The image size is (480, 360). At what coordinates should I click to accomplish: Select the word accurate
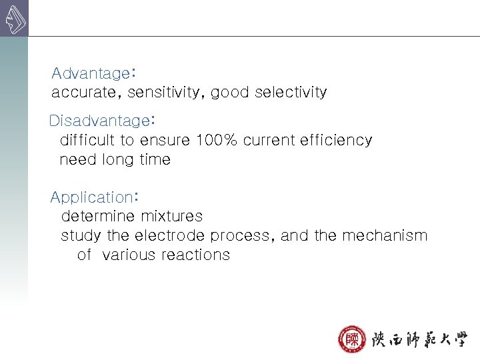tap(77, 93)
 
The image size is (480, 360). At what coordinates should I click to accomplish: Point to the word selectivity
tap(289, 93)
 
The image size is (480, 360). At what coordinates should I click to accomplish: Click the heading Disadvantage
tap(99, 121)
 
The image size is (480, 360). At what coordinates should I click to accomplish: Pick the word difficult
tap(87, 140)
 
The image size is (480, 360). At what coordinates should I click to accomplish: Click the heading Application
tap(91, 197)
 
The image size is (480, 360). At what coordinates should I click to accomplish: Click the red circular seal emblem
tap(351, 339)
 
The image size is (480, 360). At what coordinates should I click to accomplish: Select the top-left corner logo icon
tap(14, 19)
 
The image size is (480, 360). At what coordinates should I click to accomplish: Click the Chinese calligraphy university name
tap(419, 339)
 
